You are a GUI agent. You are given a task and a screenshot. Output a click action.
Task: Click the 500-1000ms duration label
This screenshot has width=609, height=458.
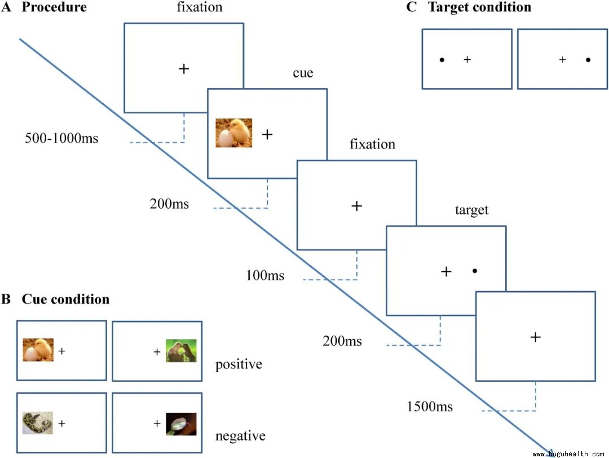(61, 138)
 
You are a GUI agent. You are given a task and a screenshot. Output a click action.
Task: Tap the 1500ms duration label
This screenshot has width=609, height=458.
(430, 406)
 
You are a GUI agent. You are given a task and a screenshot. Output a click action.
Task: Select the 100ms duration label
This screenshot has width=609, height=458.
(265, 276)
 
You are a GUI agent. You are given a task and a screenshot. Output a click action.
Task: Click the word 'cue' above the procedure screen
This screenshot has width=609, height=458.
(303, 73)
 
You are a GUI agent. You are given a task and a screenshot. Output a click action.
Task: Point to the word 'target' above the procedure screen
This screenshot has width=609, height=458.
(471, 210)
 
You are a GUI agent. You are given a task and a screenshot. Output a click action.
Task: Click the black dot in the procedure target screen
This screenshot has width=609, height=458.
(475, 271)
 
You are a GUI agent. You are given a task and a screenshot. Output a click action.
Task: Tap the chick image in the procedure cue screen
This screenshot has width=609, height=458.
(234, 133)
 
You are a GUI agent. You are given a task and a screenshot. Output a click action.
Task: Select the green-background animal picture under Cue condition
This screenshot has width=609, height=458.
(181, 351)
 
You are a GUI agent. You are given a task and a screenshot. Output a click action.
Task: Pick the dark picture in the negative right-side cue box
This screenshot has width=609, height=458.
(181, 424)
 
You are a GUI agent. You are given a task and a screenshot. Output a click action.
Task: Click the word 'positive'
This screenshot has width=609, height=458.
(239, 364)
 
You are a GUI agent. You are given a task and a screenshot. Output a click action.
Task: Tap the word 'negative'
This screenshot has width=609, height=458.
(240, 436)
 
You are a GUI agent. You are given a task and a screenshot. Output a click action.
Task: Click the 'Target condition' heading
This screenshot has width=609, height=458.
(479, 7)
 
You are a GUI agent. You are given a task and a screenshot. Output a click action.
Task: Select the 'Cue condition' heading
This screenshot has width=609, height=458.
(65, 299)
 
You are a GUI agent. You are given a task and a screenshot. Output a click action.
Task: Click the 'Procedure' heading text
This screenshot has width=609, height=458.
(54, 8)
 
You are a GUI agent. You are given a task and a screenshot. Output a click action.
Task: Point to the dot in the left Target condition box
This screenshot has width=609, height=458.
(442, 59)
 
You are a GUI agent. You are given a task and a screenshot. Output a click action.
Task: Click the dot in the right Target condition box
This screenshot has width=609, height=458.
(588, 59)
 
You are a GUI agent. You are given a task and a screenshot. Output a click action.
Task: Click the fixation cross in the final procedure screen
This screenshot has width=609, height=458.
(536, 337)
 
